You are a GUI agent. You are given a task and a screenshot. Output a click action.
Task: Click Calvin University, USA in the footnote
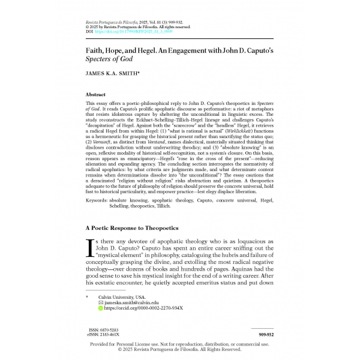pos(123,297)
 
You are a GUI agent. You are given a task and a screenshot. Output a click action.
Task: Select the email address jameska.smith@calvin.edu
pos(131,302)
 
